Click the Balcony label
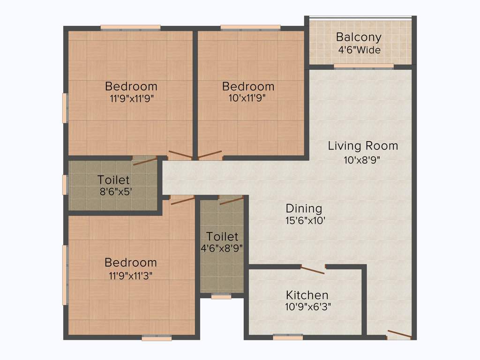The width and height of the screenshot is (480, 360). click(359, 37)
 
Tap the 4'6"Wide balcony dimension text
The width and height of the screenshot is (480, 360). click(359, 50)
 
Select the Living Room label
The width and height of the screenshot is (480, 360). click(363, 145)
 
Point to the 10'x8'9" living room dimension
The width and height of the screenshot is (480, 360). click(362, 159)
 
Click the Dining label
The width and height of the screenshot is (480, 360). click(304, 208)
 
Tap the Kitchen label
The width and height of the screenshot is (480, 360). click(307, 295)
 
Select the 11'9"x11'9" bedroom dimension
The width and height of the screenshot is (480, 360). click(132, 98)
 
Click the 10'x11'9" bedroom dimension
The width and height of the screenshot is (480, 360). click(248, 98)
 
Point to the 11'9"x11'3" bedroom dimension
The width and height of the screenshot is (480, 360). click(131, 275)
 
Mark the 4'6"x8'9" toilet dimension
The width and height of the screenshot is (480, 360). click(222, 248)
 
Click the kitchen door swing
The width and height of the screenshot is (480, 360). click(312, 270)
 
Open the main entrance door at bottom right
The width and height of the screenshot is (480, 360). click(399, 335)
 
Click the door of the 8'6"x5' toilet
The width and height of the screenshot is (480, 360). click(145, 161)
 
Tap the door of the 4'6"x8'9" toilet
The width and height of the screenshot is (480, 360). click(231, 200)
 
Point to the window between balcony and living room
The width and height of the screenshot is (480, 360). click(364, 67)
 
